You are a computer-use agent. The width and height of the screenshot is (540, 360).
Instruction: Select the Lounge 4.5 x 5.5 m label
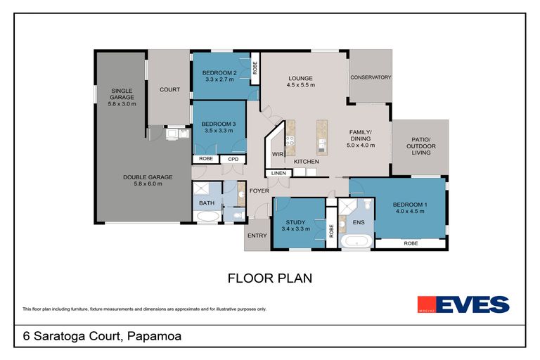[300, 82]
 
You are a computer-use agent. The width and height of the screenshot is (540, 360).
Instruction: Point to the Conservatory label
[371, 77]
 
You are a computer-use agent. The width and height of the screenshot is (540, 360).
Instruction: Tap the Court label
[169, 90]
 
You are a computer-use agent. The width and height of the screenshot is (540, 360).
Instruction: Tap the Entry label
[257, 236]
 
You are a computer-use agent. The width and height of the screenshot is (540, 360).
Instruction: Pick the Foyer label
[257, 190]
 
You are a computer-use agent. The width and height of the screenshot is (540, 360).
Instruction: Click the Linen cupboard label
[276, 173]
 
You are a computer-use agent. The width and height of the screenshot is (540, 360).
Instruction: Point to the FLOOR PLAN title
[270, 278]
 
